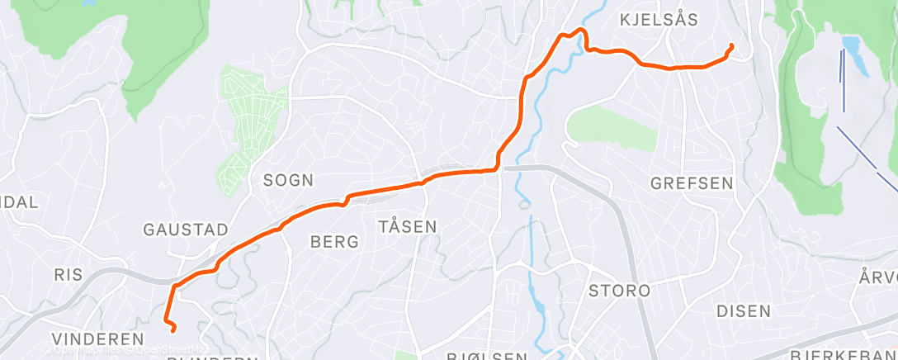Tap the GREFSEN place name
[692, 183]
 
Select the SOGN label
[282, 179]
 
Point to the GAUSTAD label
[185, 230]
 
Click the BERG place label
[334, 242]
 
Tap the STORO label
[619, 291]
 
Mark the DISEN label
[744, 311]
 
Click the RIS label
[69, 275]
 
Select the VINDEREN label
[97, 339]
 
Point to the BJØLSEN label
[487, 356]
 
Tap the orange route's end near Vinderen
[173, 329]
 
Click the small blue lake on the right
[855, 54]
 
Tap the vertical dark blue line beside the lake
[843, 80]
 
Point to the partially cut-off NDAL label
[18, 202]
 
